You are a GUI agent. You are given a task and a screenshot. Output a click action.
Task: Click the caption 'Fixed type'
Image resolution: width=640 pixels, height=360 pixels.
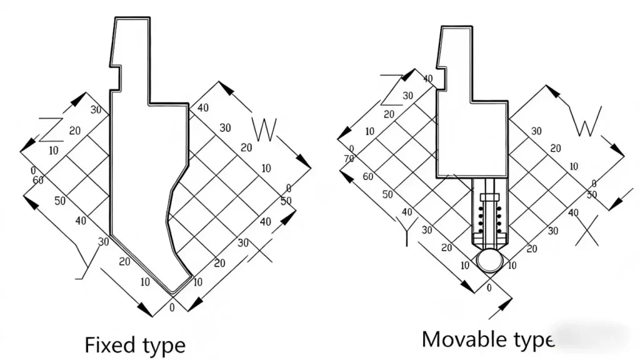(x=135, y=344)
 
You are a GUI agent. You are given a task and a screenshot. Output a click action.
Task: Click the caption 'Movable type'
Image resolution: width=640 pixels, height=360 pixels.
(x=487, y=339)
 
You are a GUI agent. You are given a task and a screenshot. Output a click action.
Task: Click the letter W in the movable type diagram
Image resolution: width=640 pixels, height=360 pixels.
(x=587, y=121)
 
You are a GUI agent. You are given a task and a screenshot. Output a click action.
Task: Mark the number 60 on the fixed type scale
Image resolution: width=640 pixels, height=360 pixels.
(x=37, y=180)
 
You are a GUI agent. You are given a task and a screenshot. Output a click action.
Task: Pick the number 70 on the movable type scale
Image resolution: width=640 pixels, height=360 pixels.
(x=349, y=159)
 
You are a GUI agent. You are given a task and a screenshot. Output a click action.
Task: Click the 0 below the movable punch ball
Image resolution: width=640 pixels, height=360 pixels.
(x=489, y=288)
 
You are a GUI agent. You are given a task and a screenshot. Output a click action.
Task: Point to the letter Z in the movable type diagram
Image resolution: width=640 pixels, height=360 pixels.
(x=391, y=89)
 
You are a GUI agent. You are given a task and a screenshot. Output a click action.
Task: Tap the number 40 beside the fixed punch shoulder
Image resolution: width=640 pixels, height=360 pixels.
(x=202, y=108)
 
